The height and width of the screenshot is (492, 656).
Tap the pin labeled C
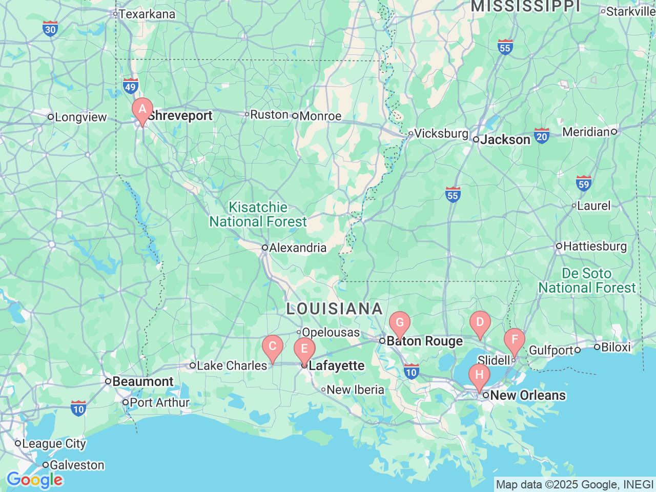coord(272,347)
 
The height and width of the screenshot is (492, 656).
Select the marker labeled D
coord(480,323)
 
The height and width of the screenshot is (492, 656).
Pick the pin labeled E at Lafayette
coord(304,350)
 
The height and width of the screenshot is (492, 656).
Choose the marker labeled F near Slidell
coord(514,340)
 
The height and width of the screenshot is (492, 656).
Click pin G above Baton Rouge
coord(399,324)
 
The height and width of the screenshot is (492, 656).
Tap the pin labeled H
coord(479,376)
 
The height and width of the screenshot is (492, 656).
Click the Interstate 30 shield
coord(50,29)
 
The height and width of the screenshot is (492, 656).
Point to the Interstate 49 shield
coord(130,86)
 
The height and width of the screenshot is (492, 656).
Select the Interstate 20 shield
coord(542,136)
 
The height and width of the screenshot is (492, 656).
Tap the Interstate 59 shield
coord(584,183)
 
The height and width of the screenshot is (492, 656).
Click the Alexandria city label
coord(297,248)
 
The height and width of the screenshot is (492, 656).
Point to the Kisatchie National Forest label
coord(258,215)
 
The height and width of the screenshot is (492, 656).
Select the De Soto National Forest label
coord(587,281)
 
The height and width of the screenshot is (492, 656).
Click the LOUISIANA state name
coord(334,309)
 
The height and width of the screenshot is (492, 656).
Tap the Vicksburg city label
coord(441,134)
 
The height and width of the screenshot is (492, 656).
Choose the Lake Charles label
coord(232,365)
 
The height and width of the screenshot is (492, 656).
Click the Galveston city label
coord(76,465)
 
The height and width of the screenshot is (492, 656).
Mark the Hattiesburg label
coord(594,247)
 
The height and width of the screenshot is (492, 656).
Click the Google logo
coord(34,480)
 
